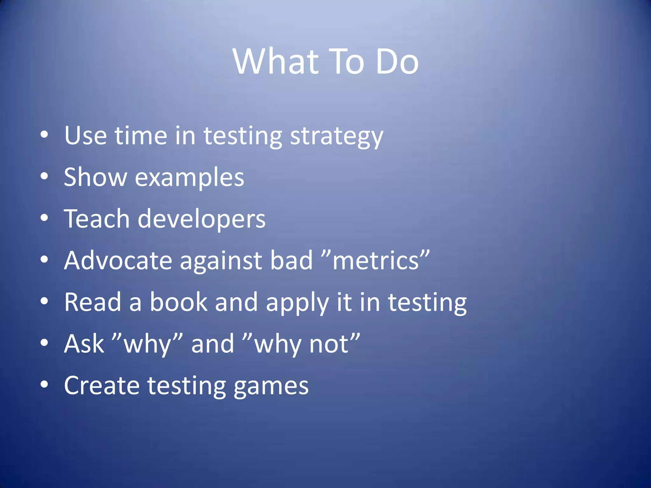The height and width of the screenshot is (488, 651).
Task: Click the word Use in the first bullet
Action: point(85,136)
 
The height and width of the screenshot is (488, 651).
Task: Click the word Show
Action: point(95,177)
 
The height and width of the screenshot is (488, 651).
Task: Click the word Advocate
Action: point(118,261)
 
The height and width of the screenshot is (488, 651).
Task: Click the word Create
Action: point(102,385)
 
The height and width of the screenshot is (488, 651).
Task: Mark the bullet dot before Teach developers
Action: point(44,218)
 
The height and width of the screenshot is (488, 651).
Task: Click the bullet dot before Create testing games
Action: point(44,384)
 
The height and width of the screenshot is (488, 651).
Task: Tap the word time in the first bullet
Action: point(141,136)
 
